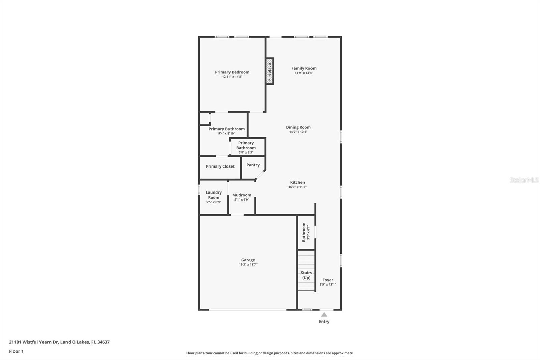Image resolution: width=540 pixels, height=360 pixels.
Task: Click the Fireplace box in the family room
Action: [270, 71]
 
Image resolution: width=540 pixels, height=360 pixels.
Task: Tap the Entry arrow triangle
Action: [324, 315]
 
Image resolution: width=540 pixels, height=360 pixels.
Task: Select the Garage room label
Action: [248, 260]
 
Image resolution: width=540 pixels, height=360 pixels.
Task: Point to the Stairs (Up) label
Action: [306, 275]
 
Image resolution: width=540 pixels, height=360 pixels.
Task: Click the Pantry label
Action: [253, 165]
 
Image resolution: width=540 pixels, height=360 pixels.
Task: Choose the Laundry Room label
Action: [214, 195]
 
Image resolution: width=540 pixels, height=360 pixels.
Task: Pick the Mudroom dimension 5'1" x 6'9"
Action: [242, 200]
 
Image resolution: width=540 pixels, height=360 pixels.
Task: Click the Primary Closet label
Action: [220, 166]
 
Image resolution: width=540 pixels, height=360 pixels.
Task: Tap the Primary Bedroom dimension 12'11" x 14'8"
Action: [232, 77]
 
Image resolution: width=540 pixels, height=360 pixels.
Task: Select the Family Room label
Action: [304, 68]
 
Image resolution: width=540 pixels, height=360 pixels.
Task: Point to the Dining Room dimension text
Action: [298, 132]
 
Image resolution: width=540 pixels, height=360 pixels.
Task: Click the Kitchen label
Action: [297, 182]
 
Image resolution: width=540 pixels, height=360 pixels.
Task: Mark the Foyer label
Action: [328, 280]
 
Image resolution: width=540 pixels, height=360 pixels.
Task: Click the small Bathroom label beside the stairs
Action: [304, 232]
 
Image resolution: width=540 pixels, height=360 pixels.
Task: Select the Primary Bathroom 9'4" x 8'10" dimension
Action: [226, 133]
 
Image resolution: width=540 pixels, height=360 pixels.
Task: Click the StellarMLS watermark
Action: [524, 180]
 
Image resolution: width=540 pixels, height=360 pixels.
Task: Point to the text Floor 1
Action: [16, 351]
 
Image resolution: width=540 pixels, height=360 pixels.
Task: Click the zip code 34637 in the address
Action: [103, 342]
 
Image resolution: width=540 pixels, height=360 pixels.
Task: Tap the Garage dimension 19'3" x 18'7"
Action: [248, 264]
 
